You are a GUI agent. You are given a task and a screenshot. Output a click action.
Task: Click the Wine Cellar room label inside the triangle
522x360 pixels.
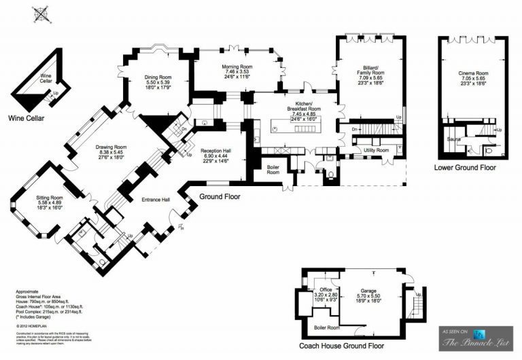46,78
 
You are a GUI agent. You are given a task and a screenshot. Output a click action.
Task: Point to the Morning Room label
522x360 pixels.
237,66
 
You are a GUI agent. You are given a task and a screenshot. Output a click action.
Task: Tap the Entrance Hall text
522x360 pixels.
156,200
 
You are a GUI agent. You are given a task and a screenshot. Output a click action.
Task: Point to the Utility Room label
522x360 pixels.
375,149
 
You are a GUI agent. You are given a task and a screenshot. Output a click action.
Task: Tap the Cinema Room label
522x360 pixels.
473,73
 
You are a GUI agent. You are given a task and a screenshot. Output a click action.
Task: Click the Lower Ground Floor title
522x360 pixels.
465,168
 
